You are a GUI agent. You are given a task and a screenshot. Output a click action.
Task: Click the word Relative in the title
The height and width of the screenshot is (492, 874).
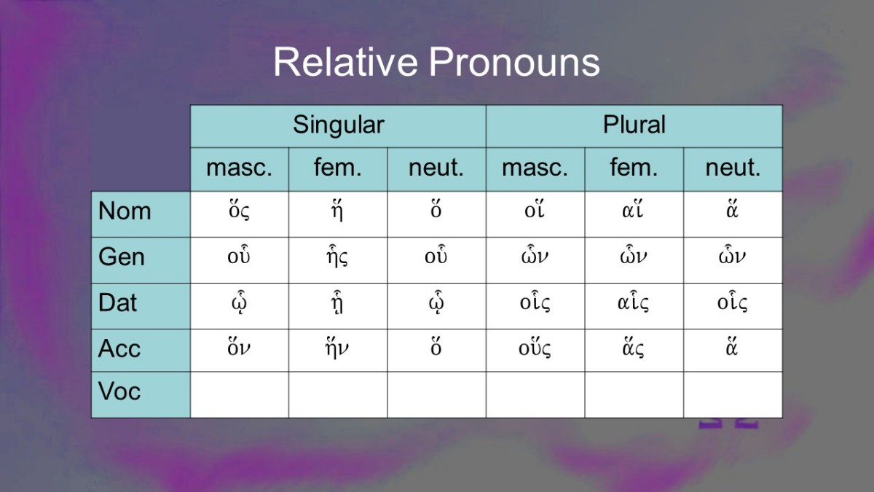pos(345,62)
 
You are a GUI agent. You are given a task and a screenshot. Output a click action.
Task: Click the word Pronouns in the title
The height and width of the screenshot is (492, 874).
pos(514,62)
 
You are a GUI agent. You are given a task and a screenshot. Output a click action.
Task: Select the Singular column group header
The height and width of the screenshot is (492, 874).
pos(338,125)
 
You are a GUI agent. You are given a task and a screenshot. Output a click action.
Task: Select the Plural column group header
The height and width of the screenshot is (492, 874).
pos(634,125)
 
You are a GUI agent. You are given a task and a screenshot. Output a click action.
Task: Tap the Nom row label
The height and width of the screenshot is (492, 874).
pos(125,211)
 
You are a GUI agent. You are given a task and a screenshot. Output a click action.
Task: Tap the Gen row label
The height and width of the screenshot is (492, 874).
pos(122,257)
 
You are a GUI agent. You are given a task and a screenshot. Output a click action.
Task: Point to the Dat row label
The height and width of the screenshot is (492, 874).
pos(117,302)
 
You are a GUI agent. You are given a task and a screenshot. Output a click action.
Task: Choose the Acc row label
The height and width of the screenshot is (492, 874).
pos(119,348)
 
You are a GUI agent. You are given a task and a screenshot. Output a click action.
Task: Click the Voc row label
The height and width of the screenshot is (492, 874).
pos(119,391)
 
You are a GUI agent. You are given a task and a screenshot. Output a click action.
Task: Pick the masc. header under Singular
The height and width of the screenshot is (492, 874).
pos(239,168)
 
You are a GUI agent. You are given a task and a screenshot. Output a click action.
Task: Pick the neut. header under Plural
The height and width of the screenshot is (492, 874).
pos(733,168)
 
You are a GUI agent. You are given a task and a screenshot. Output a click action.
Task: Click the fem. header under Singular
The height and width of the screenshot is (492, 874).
pos(338,167)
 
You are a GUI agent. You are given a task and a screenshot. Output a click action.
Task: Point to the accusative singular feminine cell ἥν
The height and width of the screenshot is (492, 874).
pos(337,348)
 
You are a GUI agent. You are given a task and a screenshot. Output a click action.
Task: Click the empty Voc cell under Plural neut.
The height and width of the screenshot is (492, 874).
pos(733,395)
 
